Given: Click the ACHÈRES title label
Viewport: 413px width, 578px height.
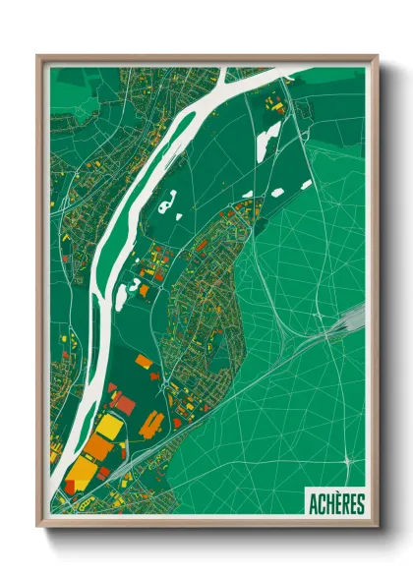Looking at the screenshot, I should pyautogui.click(x=335, y=504).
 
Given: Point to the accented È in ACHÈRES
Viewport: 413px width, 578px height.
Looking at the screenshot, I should pyautogui.click(x=335, y=504).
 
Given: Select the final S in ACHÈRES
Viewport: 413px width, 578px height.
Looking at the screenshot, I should pyautogui.click(x=360, y=504).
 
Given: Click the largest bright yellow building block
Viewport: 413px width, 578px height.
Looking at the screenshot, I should pyautogui.click(x=109, y=427).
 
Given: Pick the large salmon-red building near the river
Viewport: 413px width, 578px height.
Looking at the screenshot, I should pyautogui.click(x=124, y=402).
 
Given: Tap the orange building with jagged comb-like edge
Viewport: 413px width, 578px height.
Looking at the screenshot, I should pyautogui.click(x=151, y=426).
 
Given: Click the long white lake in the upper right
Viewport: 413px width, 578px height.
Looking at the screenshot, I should pyautogui.click(x=267, y=139).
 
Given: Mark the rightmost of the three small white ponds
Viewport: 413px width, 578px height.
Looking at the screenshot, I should pyautogui.click(x=306, y=184).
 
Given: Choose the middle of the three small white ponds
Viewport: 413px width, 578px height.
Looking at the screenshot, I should pyautogui.click(x=278, y=192).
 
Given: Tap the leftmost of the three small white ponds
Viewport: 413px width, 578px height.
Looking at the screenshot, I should pyautogui.click(x=248, y=195).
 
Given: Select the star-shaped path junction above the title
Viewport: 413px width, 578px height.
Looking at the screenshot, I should pyautogui.click(x=350, y=459).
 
